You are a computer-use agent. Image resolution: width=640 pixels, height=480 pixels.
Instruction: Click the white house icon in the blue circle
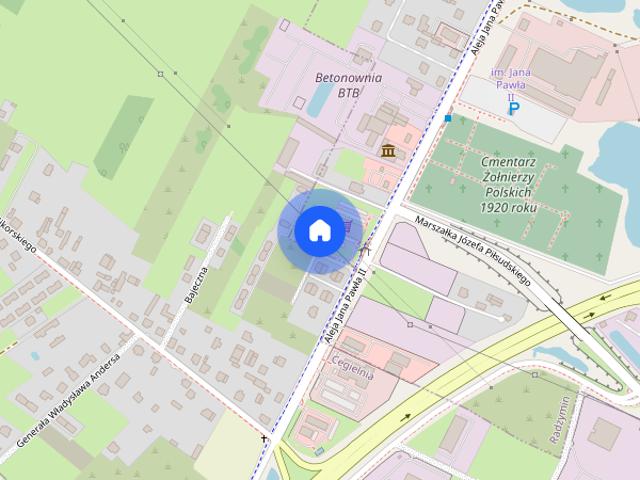319,231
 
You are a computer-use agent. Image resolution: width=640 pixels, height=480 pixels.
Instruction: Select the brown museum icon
387,150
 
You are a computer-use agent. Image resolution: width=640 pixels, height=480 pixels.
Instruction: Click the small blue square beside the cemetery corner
448,118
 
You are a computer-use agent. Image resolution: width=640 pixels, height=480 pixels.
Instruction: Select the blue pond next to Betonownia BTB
320,98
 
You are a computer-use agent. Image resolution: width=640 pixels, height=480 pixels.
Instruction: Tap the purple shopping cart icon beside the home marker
347,226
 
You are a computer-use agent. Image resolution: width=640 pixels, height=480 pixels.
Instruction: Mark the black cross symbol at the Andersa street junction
265,438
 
